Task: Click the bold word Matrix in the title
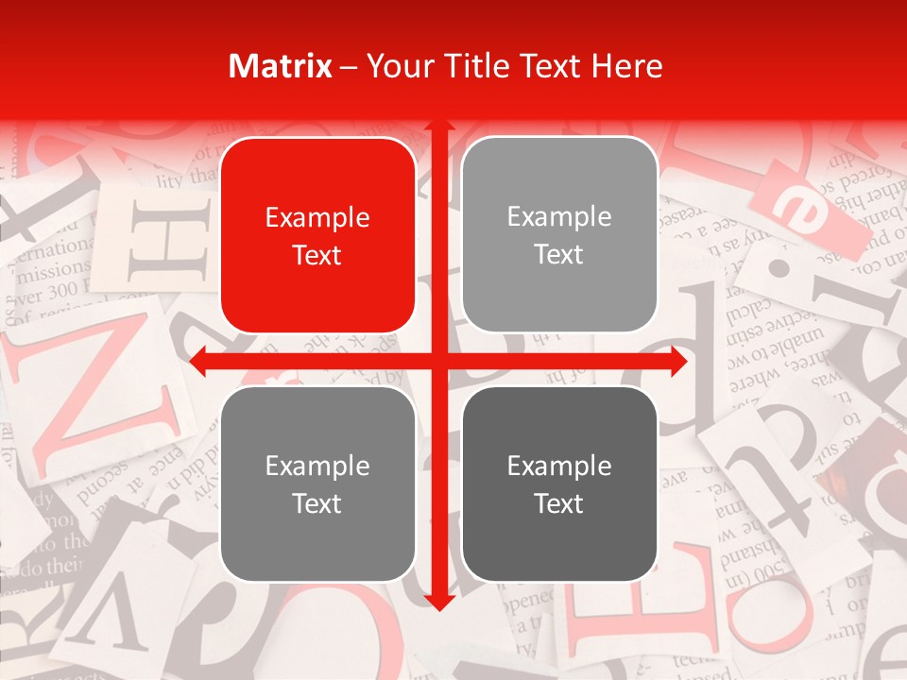coord(281,66)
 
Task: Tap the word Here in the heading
coord(626,66)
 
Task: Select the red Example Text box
coord(317,235)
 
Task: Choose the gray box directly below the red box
coord(317,484)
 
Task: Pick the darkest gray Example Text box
coord(559,484)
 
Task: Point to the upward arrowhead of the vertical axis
coord(438,127)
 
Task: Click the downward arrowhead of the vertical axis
coord(438,603)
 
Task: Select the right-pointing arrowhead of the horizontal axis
coord(678,362)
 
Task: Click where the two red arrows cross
coord(438,362)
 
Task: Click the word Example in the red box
coord(317,218)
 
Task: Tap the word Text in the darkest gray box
coord(559,503)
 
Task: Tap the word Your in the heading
coord(397,66)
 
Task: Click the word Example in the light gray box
coord(559,217)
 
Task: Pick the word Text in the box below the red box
coord(317,503)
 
